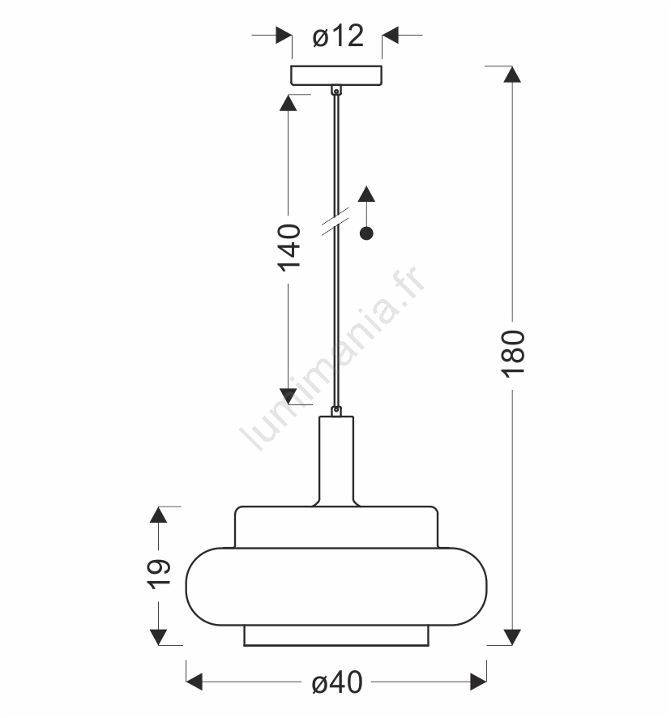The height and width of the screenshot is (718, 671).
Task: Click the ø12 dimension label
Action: [338, 36]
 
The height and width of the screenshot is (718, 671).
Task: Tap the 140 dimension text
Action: [289, 248]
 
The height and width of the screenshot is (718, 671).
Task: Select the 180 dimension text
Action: [512, 354]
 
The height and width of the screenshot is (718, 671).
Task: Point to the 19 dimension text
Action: [159, 574]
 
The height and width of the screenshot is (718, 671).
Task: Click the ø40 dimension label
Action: [337, 682]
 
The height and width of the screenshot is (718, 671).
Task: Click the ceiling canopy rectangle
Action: [336, 75]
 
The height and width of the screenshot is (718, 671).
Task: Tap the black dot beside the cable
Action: [366, 233]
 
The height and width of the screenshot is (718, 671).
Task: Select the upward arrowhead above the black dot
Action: [366, 194]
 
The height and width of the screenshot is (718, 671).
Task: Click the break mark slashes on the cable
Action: [335, 221]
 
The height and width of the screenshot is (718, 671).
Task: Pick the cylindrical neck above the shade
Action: [336, 460]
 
